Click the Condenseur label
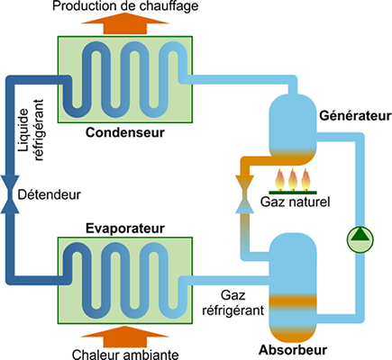pyautogui.click(x=125, y=132)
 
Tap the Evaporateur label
pyautogui.click(x=125, y=229)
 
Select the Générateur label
pyautogui.click(x=355, y=116)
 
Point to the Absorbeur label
pyautogui.click(x=293, y=350)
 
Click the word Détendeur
pyautogui.click(x=50, y=194)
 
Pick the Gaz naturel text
pyautogui.click(x=295, y=202)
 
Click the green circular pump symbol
pyautogui.click(x=360, y=239)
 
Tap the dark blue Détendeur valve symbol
pyautogui.click(x=10, y=194)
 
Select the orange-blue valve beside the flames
pyautogui.click(x=244, y=194)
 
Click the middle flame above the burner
pyautogui.click(x=293, y=179)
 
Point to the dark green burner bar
pyautogui.click(x=293, y=193)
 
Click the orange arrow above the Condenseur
pyautogui.click(x=125, y=24)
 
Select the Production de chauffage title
pyautogui.click(x=125, y=6)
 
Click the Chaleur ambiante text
pyautogui.click(x=125, y=355)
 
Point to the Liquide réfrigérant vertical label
pyautogui.click(x=31, y=130)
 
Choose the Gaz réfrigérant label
pyautogui.click(x=233, y=302)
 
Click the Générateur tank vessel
pyautogui.click(x=293, y=129)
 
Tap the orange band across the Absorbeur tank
pyautogui.click(x=293, y=301)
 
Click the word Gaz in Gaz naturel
pyautogui.click(x=272, y=202)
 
